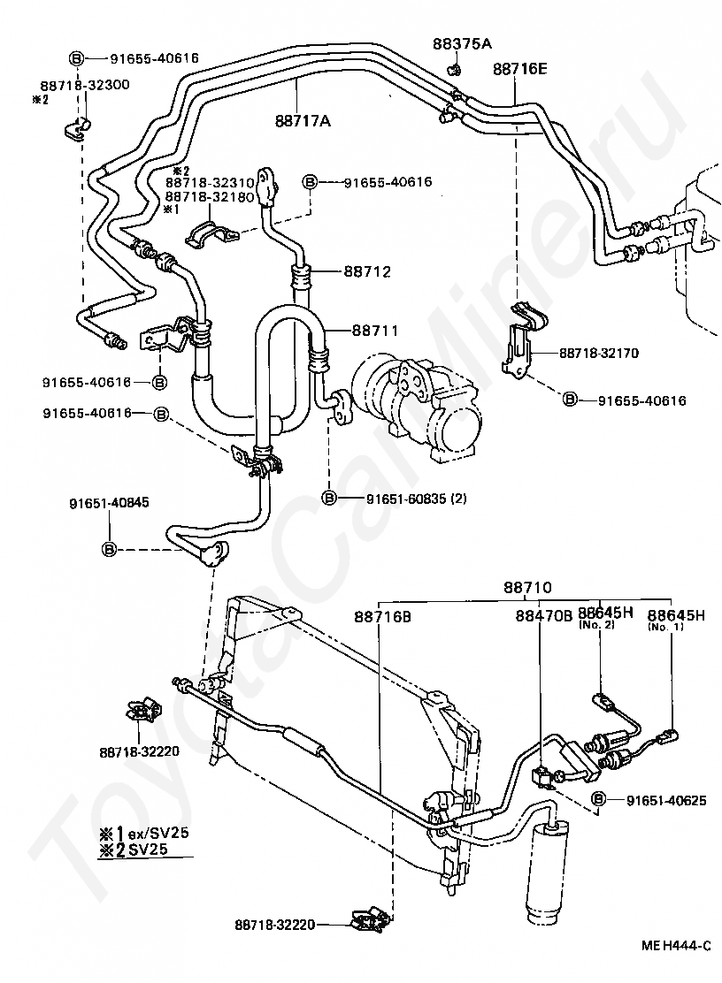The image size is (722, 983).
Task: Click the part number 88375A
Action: click(x=462, y=43)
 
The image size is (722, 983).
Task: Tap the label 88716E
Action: click(x=519, y=68)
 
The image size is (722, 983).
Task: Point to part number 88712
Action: click(x=367, y=271)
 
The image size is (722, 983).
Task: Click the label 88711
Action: click(x=375, y=330)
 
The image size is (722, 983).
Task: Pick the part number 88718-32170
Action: click(x=598, y=353)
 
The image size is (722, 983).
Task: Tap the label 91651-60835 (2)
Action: click(x=417, y=499)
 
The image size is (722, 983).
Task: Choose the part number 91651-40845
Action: click(x=109, y=502)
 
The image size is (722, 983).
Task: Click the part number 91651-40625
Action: click(x=666, y=800)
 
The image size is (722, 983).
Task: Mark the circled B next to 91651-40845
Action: click(x=109, y=549)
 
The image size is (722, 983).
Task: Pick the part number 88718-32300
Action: click(x=85, y=85)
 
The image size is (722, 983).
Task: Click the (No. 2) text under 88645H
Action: click(x=596, y=625)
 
